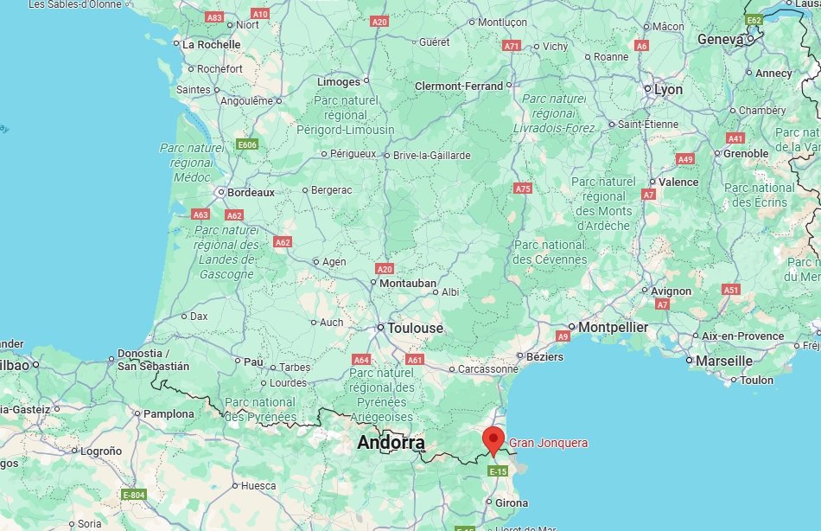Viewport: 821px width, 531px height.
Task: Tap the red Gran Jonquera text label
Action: [549, 443]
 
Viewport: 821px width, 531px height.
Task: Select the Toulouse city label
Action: [416, 329]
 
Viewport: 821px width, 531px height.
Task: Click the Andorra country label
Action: [391, 444]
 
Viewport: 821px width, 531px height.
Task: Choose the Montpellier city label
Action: [613, 327]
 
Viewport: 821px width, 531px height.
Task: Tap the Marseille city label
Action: [724, 360]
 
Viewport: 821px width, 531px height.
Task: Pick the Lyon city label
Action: [668, 89]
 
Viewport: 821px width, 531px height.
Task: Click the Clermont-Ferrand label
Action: [459, 86]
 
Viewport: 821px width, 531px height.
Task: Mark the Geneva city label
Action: [720, 40]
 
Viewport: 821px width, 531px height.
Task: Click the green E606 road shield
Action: [247, 144]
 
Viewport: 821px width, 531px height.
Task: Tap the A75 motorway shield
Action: [522, 188]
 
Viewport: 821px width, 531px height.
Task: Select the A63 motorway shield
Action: [200, 214]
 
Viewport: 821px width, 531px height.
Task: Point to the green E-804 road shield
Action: [134, 495]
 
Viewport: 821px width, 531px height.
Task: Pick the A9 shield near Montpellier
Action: [563, 336]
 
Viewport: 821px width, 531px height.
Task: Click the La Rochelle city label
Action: [212, 43]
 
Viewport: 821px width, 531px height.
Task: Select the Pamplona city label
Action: [169, 413]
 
